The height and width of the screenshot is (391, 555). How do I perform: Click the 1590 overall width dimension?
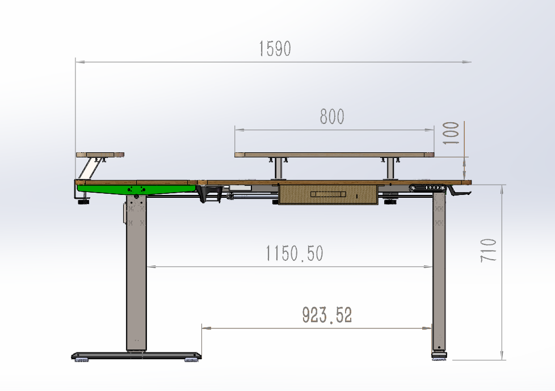275,49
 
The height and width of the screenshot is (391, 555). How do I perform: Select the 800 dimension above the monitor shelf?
332,117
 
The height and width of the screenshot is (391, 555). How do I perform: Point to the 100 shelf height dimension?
451,133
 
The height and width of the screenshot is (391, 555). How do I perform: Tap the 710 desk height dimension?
489,249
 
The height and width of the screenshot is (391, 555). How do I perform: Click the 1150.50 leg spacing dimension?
295,253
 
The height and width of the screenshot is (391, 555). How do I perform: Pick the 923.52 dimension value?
326,315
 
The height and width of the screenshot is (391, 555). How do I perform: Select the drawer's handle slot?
328,194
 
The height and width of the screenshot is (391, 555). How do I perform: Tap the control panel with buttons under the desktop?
426,187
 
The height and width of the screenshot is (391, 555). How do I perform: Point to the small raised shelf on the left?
100,154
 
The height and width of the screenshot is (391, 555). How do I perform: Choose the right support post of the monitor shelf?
390,169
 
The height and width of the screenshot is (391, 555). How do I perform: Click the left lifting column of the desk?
136,273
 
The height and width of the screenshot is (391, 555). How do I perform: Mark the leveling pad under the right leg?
439,357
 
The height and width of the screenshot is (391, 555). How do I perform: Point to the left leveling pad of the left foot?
81,359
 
